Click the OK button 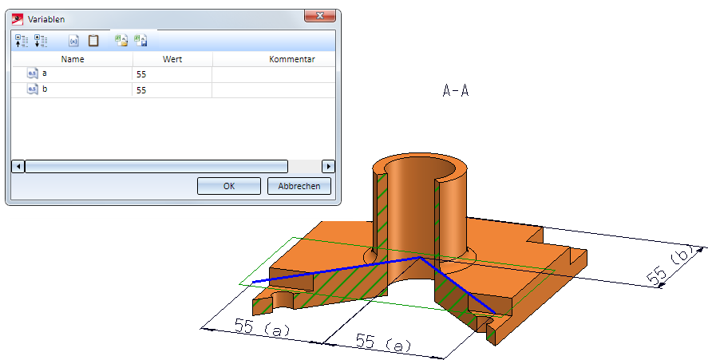(229, 186)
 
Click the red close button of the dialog (320, 16)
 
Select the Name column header (73, 59)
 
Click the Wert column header (172, 59)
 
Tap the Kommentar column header (291, 59)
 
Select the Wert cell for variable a (172, 74)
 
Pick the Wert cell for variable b (172, 90)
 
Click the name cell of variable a (73, 74)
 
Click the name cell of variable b (73, 89)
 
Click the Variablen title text (46, 19)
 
